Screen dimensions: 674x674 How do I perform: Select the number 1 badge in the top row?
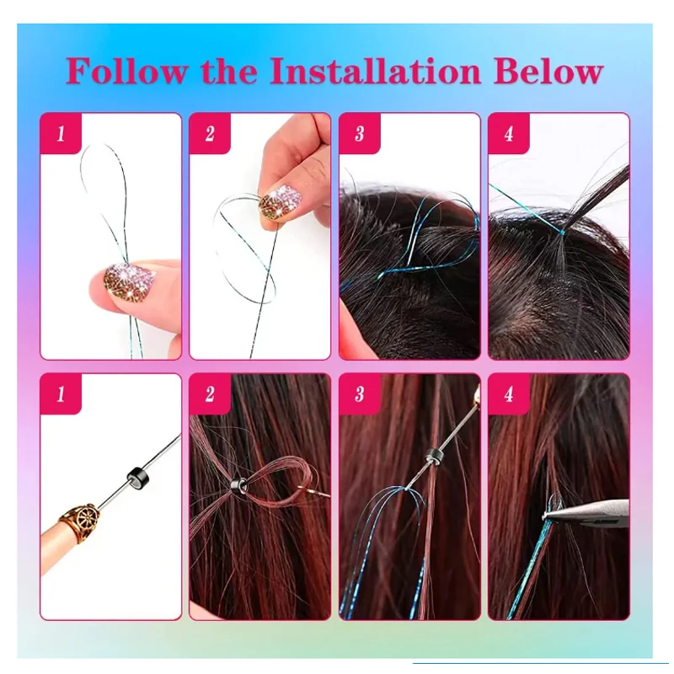[x=61, y=134]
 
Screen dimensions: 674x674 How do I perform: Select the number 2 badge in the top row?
[x=210, y=134]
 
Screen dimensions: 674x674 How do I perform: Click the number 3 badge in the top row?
[x=360, y=134]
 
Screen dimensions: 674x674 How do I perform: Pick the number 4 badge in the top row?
[x=509, y=134]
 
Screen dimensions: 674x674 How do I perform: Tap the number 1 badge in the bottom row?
[x=61, y=394]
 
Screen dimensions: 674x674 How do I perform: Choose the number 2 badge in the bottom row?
[x=210, y=394]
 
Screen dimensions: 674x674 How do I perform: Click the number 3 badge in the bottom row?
[x=360, y=394]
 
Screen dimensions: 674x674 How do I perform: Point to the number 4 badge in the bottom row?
[x=509, y=394]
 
